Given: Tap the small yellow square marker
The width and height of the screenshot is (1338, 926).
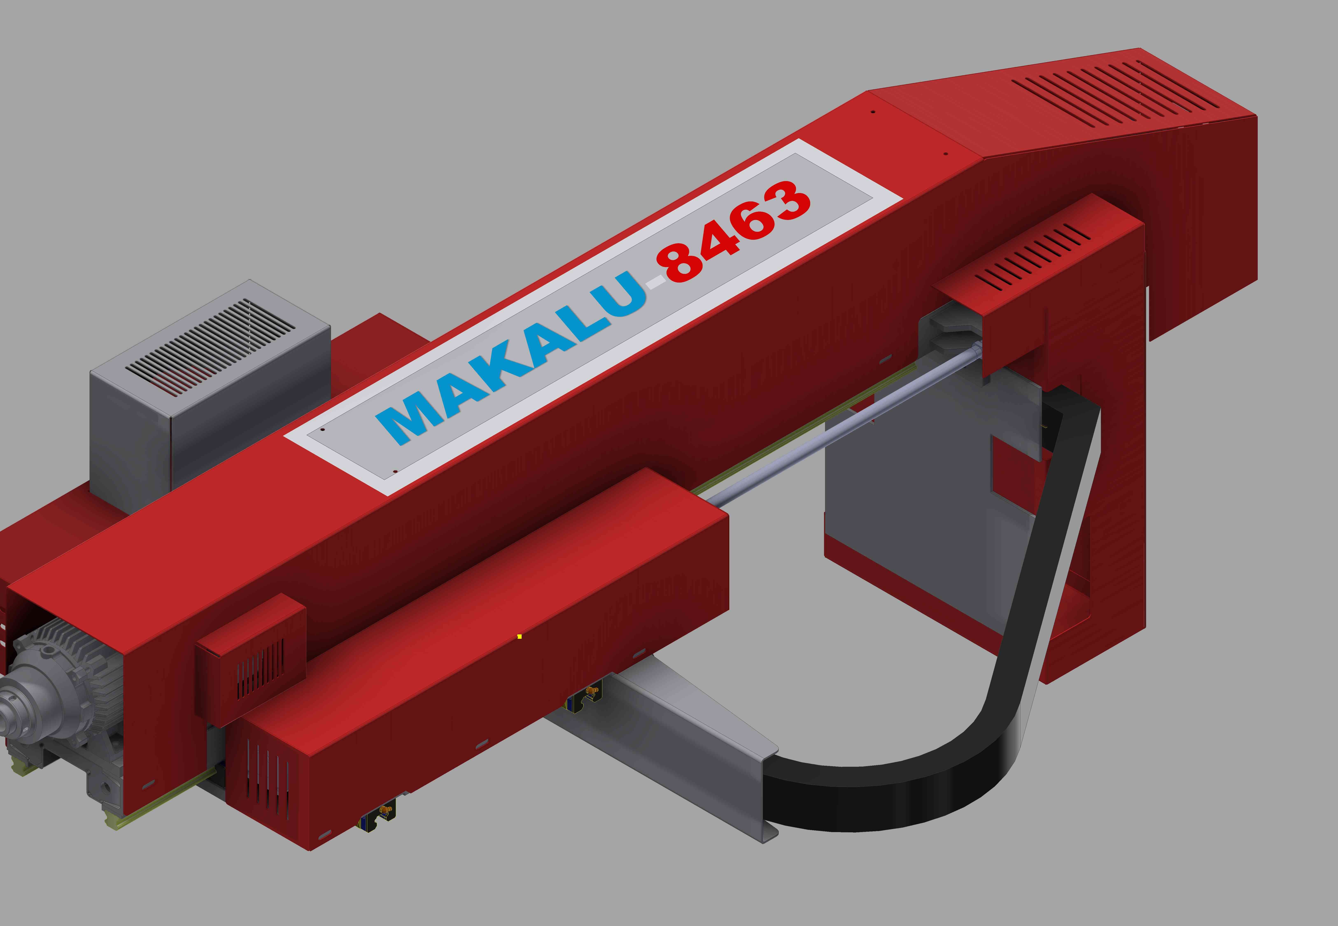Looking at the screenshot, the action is pos(519,636).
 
